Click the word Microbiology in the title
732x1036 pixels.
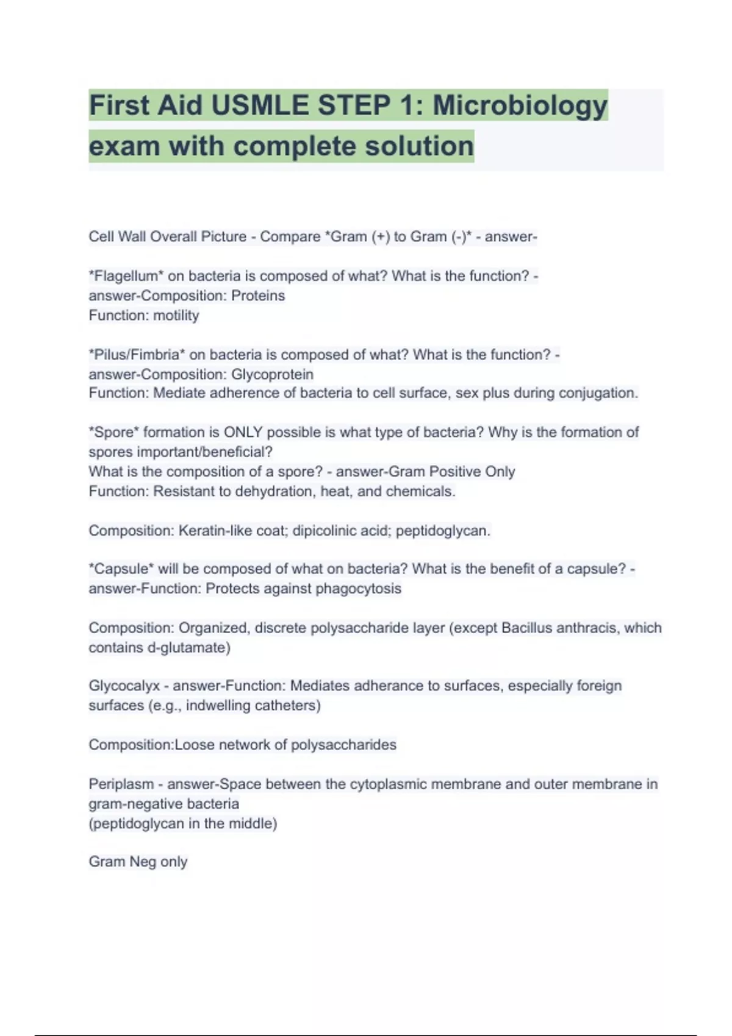point(520,106)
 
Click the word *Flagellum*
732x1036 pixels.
point(126,276)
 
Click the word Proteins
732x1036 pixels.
point(258,296)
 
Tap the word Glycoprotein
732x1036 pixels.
point(272,374)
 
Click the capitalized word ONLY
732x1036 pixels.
point(243,433)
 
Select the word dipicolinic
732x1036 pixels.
point(324,531)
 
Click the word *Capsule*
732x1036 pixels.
point(121,569)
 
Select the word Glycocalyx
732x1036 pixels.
point(124,686)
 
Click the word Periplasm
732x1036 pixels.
point(121,784)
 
